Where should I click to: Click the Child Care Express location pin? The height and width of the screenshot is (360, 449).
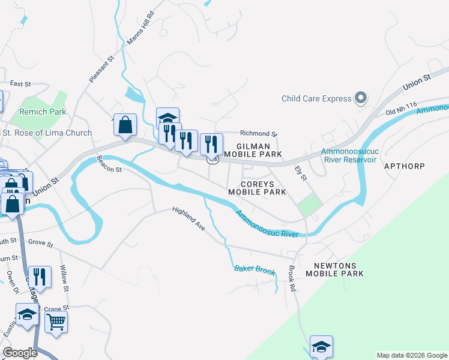point(361,98)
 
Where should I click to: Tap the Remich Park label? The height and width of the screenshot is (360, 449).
point(42,112)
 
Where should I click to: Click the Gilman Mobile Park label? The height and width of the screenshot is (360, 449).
point(259,150)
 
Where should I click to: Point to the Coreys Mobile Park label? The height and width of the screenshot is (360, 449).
point(257,188)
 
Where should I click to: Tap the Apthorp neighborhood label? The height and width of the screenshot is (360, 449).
point(404,166)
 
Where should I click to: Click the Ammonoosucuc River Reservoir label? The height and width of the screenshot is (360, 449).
point(349,155)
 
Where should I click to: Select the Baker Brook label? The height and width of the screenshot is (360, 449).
point(255,271)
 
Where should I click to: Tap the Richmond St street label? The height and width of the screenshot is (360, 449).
point(259,134)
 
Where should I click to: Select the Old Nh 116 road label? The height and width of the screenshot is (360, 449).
point(401,109)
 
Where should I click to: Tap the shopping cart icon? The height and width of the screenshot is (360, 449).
point(56,322)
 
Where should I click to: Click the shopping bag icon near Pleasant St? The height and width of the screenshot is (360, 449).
point(125,125)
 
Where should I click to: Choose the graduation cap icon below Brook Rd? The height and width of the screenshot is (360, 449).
point(321,346)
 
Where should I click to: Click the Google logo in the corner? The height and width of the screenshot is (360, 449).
point(20,353)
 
